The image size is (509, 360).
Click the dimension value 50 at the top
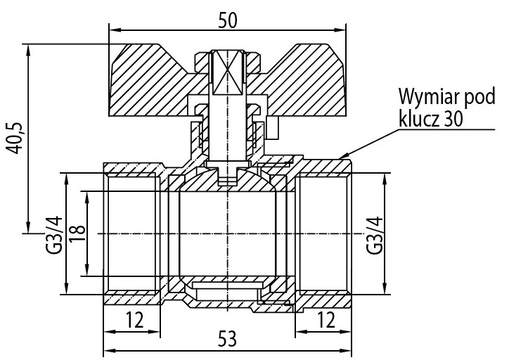tap(227, 20)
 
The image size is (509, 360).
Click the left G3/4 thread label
tap(55, 233)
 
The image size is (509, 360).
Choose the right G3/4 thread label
tap(375, 233)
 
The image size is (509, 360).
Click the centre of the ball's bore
tap(227, 233)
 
